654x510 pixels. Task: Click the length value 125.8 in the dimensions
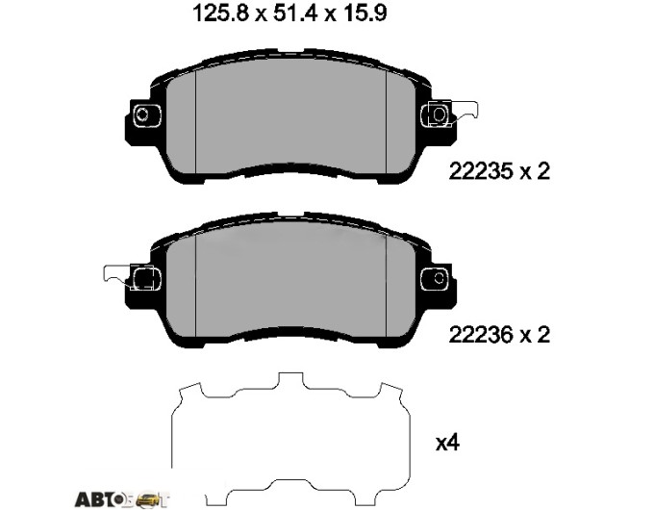pos(220,13)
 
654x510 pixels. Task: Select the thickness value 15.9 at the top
pos(364,13)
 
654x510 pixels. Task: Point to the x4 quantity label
pos(447,443)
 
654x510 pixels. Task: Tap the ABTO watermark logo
pos(122,498)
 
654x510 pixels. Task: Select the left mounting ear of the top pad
pos(143,114)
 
